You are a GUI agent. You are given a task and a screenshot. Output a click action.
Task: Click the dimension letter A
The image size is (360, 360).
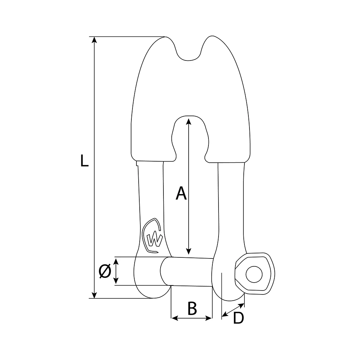pos(181,193)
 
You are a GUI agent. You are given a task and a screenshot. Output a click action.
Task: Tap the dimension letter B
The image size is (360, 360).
pos(192,309)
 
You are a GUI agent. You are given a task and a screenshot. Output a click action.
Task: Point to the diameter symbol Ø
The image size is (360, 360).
pos(104,271)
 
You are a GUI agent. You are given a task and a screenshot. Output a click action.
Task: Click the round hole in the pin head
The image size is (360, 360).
pos(254,274)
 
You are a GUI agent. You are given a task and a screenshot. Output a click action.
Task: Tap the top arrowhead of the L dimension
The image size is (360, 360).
pos(94,40)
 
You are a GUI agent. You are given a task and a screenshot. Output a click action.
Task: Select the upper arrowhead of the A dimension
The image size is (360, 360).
pos(188,120)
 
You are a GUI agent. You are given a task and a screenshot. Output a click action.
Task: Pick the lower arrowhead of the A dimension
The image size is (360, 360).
pos(188,252)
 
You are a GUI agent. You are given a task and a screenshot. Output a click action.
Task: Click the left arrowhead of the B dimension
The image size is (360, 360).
pos(174,318)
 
